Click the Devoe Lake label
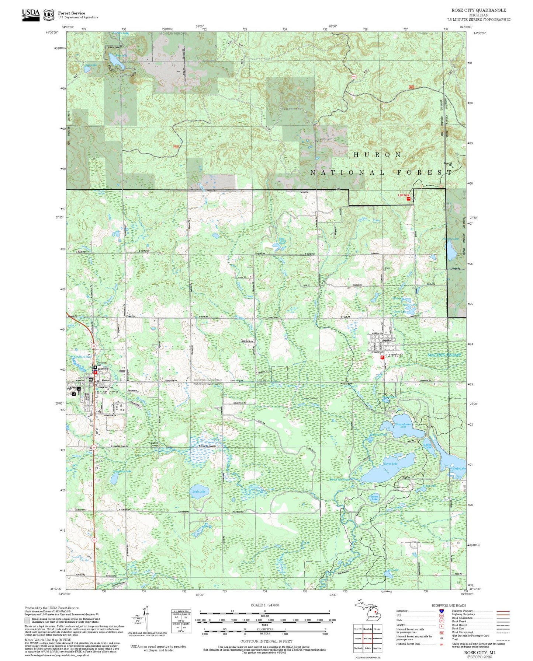[391, 464]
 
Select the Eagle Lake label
[198, 492]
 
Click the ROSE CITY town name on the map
[107, 393]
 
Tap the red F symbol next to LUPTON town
[382, 357]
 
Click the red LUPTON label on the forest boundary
[404, 195]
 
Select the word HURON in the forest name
[377, 155]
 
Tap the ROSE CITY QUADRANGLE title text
[478, 10]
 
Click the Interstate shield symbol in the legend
[441, 611]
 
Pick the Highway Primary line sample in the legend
[503, 611]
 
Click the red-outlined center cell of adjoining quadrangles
[367, 639]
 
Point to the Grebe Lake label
[459, 469]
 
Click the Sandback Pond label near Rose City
[83, 357]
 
